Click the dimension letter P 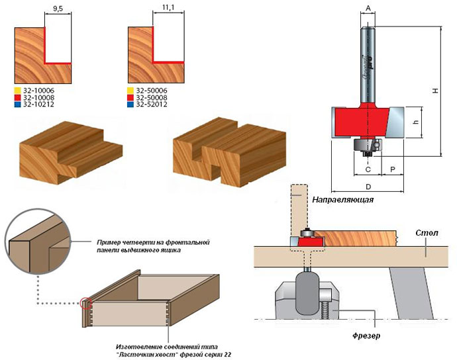tap(393, 169)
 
